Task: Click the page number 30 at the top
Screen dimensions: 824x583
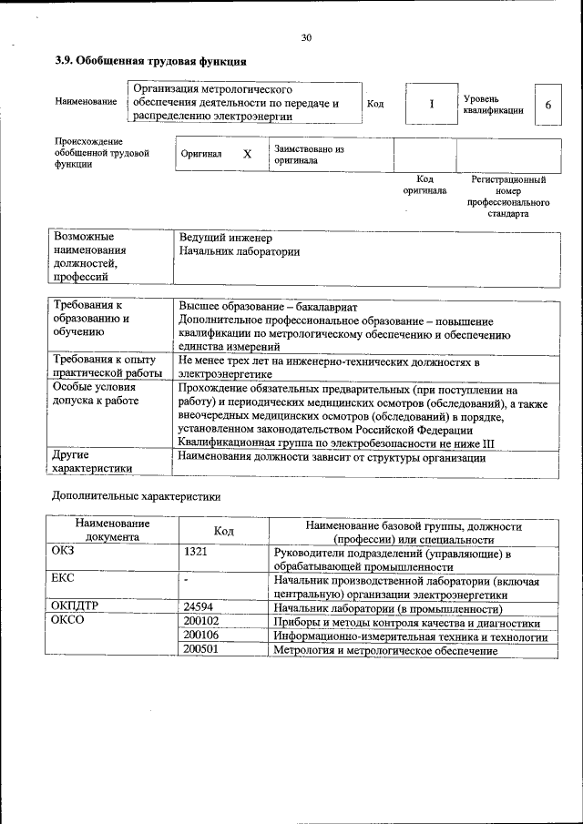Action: tap(306, 37)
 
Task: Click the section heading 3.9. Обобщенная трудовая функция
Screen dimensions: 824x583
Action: tap(149, 62)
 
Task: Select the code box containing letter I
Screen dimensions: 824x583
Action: tap(431, 104)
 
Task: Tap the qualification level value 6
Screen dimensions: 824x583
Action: tap(547, 105)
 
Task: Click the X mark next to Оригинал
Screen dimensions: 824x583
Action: tap(246, 154)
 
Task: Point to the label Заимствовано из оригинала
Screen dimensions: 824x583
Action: tap(308, 154)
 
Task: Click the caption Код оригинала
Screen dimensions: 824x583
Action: tap(424, 185)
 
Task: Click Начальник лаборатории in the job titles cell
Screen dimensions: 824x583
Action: tap(240, 251)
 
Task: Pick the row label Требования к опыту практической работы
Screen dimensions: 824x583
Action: tap(106, 366)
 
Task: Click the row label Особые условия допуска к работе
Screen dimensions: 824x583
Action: tap(97, 393)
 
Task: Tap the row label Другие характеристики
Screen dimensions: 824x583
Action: tap(92, 461)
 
